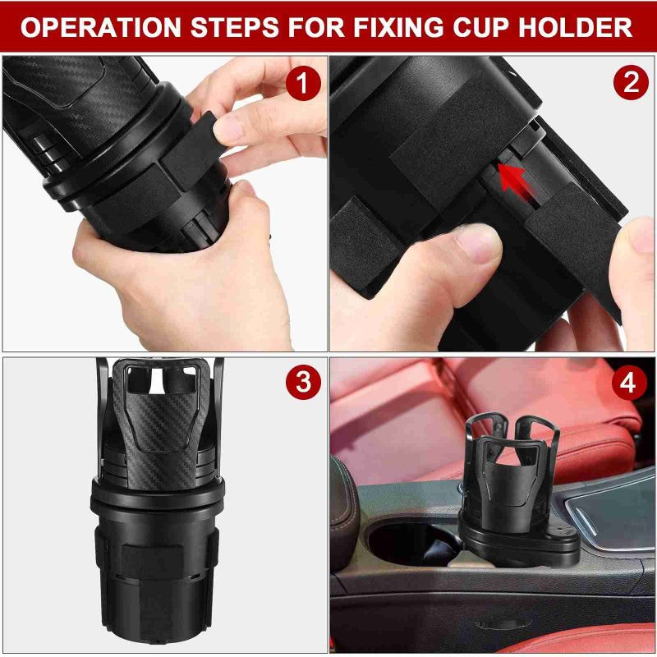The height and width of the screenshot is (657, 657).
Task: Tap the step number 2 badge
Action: tap(630, 83)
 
